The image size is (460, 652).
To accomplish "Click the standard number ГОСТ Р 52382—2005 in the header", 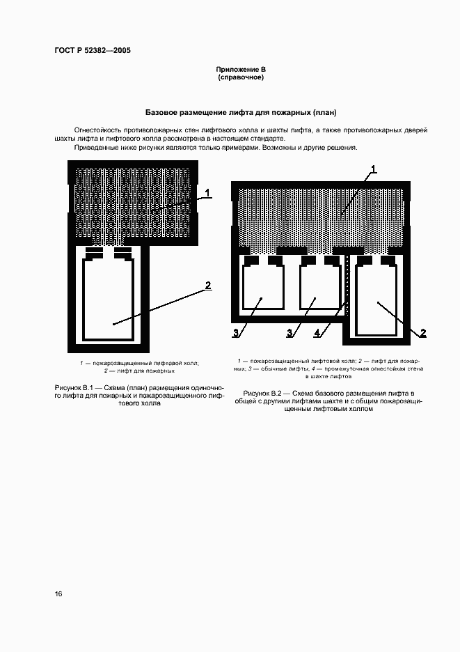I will coord(92,51).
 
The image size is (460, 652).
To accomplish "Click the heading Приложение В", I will coord(241,70).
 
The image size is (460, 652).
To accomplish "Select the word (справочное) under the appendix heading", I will coord(241,77).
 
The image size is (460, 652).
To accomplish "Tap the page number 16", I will coord(58,594).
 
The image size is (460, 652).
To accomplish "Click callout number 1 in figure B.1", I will coord(208,192).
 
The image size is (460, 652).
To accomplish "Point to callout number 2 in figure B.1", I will coord(207,285).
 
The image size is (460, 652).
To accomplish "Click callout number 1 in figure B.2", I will coord(374,169).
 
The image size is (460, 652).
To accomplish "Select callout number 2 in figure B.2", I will coord(422,334).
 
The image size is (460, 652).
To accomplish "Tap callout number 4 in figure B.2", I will coord(317,334).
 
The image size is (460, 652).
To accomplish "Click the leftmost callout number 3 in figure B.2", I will coord(236,334).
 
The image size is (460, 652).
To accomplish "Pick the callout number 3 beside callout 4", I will coord(290,334).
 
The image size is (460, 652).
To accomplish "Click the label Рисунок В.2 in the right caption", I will coord(262,394).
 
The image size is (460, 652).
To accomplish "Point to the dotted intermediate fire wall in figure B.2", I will coord(347,286).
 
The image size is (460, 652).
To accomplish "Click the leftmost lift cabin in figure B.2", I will coord(261,288).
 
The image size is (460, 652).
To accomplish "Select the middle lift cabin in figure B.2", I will coord(318,288).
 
